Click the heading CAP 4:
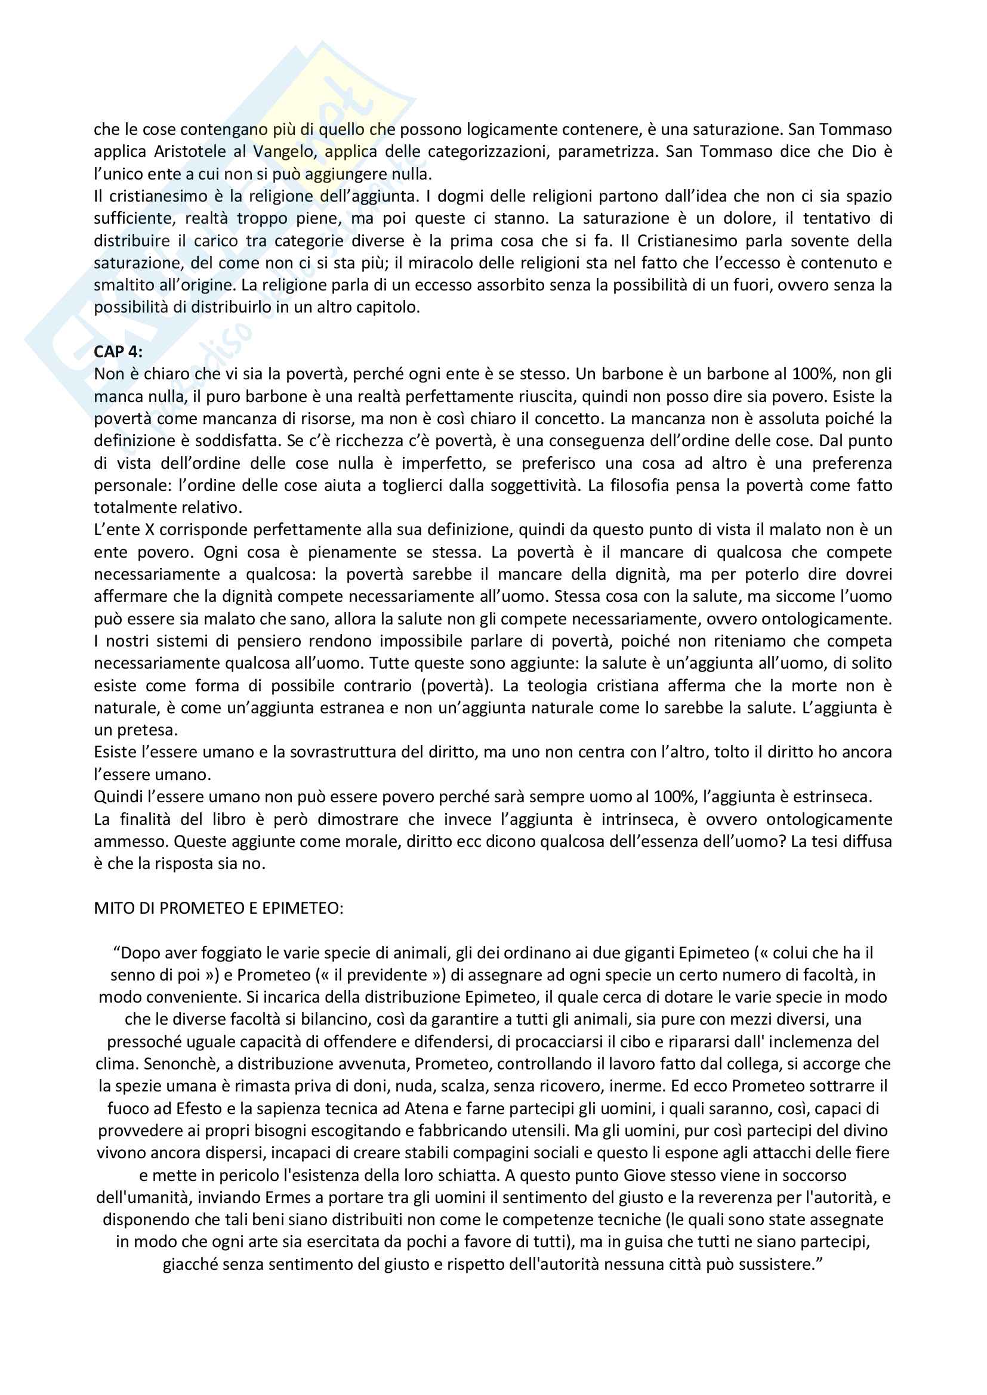(x=118, y=352)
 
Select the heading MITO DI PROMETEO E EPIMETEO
(x=218, y=908)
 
